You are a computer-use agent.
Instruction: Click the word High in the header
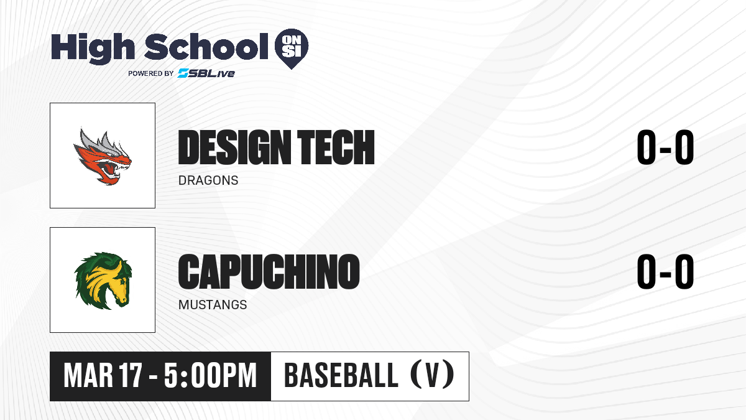93,48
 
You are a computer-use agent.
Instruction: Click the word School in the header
206,47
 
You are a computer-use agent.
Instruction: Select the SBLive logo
206,73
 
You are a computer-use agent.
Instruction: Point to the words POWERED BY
151,73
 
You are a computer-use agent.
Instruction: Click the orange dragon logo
102,156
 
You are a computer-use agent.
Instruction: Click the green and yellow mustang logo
103,281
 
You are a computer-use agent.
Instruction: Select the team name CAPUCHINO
269,271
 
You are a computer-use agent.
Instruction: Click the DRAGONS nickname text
208,180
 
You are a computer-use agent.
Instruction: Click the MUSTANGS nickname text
213,305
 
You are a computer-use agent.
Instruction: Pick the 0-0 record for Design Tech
665,147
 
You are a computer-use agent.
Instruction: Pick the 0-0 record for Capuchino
665,271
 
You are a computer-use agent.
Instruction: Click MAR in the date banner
88,376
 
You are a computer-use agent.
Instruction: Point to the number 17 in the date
131,376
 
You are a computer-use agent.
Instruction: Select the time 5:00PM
210,376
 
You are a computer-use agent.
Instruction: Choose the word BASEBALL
341,375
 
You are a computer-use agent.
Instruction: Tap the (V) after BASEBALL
432,375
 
